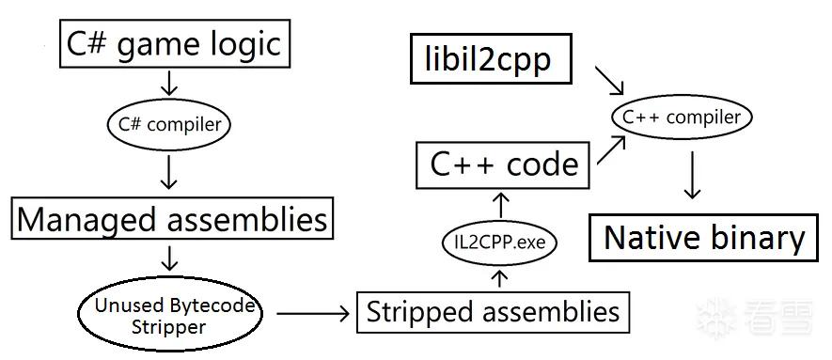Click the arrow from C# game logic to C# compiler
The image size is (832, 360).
[168, 84]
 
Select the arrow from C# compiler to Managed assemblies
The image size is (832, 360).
[168, 171]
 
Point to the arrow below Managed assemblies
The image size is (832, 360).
[168, 258]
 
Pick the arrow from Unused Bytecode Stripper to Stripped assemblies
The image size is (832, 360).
[313, 314]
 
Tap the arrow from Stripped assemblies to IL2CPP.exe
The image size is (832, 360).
[500, 278]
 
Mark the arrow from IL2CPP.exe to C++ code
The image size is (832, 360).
[500, 205]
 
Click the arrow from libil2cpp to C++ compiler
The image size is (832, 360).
[609, 81]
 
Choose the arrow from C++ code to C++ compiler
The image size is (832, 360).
[611, 150]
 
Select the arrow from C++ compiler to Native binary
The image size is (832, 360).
[691, 175]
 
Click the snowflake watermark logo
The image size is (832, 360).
[715, 319]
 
